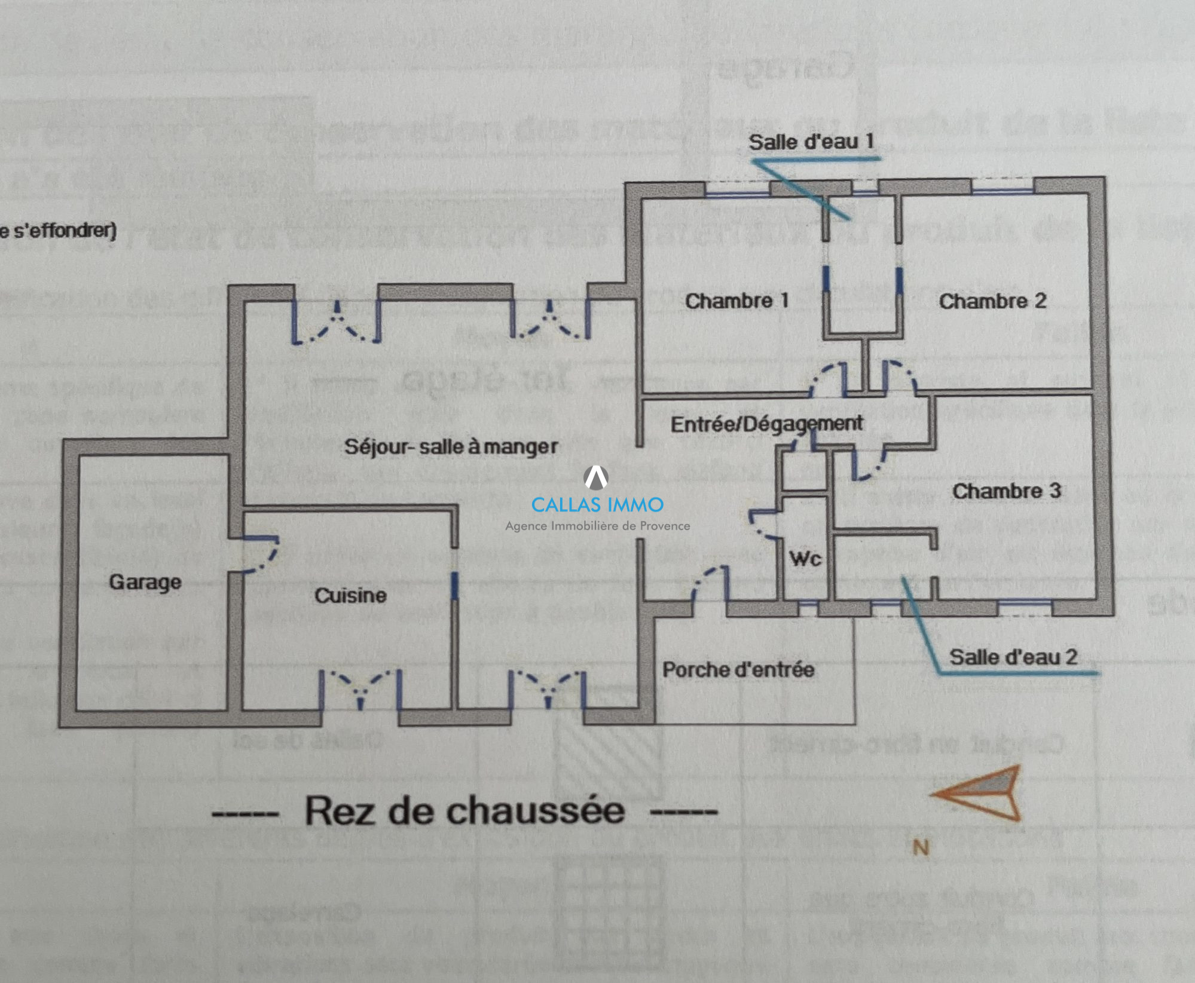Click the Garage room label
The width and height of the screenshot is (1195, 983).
click(x=145, y=581)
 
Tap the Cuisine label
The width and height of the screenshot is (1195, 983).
click(x=350, y=595)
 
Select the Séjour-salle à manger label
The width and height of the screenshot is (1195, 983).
click(x=451, y=446)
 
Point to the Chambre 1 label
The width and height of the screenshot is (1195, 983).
click(x=736, y=301)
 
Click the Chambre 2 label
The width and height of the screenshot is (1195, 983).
click(x=992, y=301)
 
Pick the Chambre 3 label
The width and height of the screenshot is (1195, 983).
click(x=1006, y=491)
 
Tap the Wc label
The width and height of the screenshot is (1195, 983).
click(x=805, y=559)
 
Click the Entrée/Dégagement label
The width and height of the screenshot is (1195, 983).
click(x=766, y=424)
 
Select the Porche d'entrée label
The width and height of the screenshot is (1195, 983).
click(x=738, y=669)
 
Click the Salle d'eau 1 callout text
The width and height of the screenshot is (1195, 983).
click(x=811, y=142)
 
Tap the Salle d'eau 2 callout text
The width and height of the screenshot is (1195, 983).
click(x=1013, y=657)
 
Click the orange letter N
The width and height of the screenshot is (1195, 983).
click(x=921, y=847)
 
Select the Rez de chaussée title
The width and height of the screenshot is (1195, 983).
click(x=464, y=811)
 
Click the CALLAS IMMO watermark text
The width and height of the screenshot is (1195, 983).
click(x=597, y=505)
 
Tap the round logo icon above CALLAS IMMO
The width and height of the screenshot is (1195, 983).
click(x=596, y=477)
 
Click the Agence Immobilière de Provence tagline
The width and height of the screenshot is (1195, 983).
click(x=597, y=526)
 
